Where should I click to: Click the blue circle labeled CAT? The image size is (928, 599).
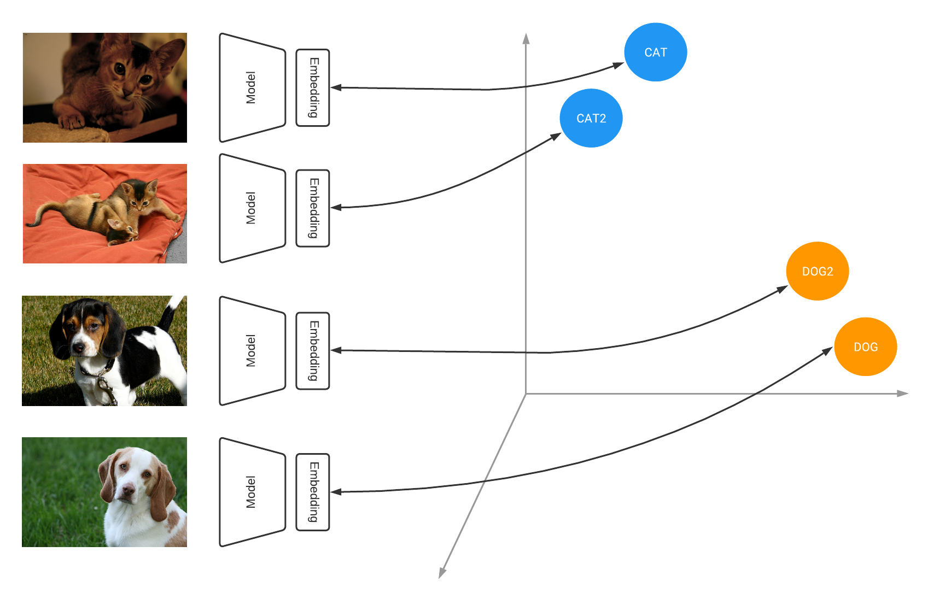(655, 52)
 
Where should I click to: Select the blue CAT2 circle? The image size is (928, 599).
(591, 118)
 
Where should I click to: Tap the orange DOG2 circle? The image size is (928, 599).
(817, 271)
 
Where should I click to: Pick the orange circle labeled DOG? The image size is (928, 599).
(865, 347)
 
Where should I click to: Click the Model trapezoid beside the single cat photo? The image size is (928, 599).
(252, 87)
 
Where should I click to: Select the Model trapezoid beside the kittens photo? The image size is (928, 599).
(252, 208)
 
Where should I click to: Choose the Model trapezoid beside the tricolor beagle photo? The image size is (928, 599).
(252, 350)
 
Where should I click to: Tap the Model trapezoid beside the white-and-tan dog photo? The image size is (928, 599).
(252, 492)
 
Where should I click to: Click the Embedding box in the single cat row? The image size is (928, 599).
(313, 87)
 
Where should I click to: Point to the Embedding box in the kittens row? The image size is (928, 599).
(313, 208)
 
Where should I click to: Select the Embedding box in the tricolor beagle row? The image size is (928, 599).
(313, 350)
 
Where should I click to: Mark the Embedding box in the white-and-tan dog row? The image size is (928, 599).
(313, 492)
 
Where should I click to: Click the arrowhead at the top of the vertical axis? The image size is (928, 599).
(526, 38)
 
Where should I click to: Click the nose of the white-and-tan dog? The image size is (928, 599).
(127, 491)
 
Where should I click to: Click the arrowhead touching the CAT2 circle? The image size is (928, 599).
(556, 136)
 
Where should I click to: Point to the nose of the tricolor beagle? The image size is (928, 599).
(79, 347)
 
